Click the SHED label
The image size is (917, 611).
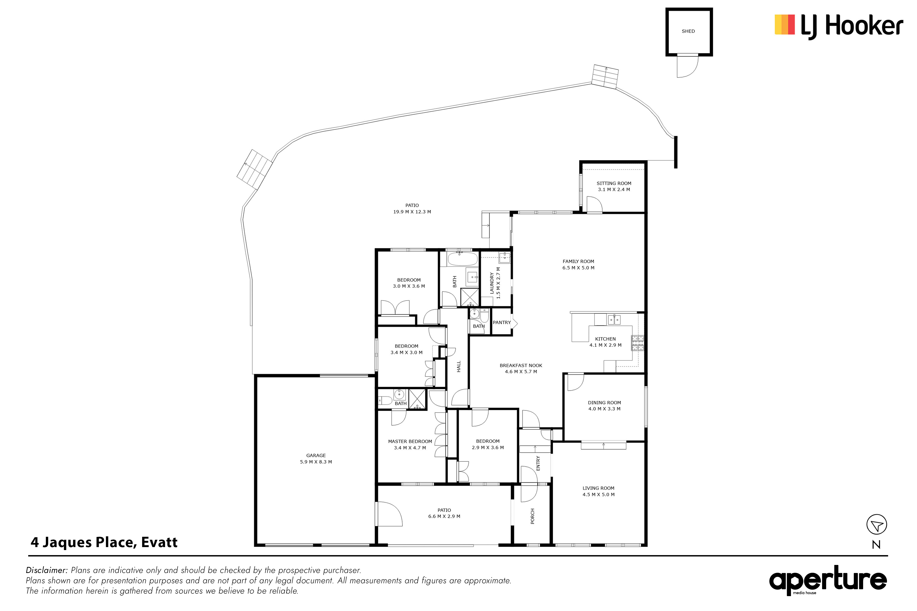688,31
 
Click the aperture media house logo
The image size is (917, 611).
828,581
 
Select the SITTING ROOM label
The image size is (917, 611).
614,183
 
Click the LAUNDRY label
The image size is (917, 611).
492,283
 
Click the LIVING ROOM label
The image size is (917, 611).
599,488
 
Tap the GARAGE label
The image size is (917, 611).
316,455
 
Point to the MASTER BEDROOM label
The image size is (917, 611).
410,441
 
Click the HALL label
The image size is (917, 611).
459,366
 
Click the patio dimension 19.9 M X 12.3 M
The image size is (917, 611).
412,212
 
